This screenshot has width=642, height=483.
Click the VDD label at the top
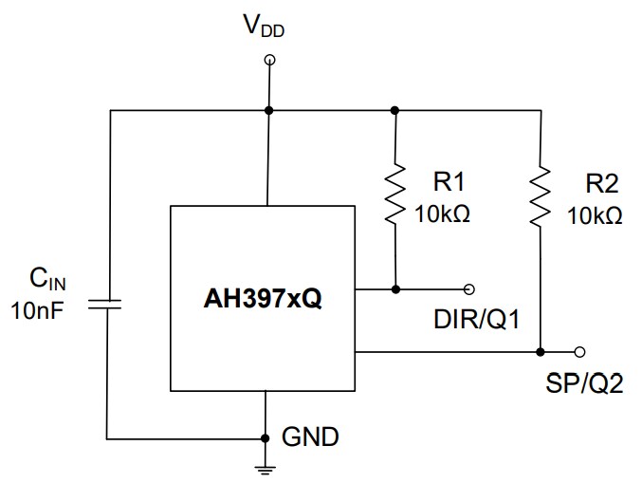(x=265, y=25)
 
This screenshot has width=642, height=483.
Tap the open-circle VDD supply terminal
(x=269, y=60)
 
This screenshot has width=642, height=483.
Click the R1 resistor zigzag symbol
(x=394, y=196)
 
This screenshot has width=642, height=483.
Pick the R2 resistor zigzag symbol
(x=541, y=196)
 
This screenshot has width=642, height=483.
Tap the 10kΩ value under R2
(x=595, y=215)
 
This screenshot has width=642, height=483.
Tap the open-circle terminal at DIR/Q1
(x=468, y=288)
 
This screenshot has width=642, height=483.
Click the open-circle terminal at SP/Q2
(x=580, y=351)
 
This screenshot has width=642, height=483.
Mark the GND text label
(x=311, y=438)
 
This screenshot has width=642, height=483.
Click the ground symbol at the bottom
(x=268, y=467)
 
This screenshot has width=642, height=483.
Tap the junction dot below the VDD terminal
(x=269, y=110)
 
